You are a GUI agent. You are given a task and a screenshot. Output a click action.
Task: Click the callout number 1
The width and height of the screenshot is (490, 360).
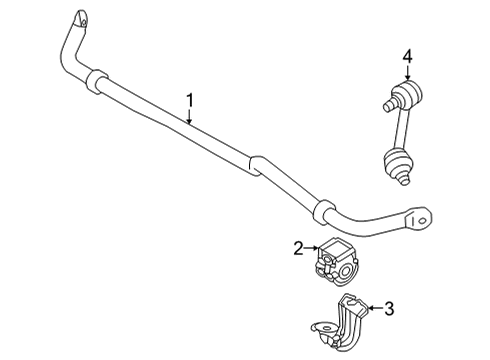188,99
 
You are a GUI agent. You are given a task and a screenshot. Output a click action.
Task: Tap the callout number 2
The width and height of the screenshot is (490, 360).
299,247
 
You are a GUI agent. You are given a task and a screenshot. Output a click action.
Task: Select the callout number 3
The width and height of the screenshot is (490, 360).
389,309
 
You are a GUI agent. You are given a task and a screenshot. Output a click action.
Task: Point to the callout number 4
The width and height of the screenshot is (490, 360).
408,58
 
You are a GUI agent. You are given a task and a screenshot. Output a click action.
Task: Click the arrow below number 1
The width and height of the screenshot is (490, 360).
188,114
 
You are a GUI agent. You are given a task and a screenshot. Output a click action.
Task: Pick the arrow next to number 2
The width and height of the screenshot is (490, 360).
311,248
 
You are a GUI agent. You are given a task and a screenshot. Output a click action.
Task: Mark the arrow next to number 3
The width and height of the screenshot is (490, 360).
374,309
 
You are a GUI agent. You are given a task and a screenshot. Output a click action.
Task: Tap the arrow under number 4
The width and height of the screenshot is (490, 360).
408,74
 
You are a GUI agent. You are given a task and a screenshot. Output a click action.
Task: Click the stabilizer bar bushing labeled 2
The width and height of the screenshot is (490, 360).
337,262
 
